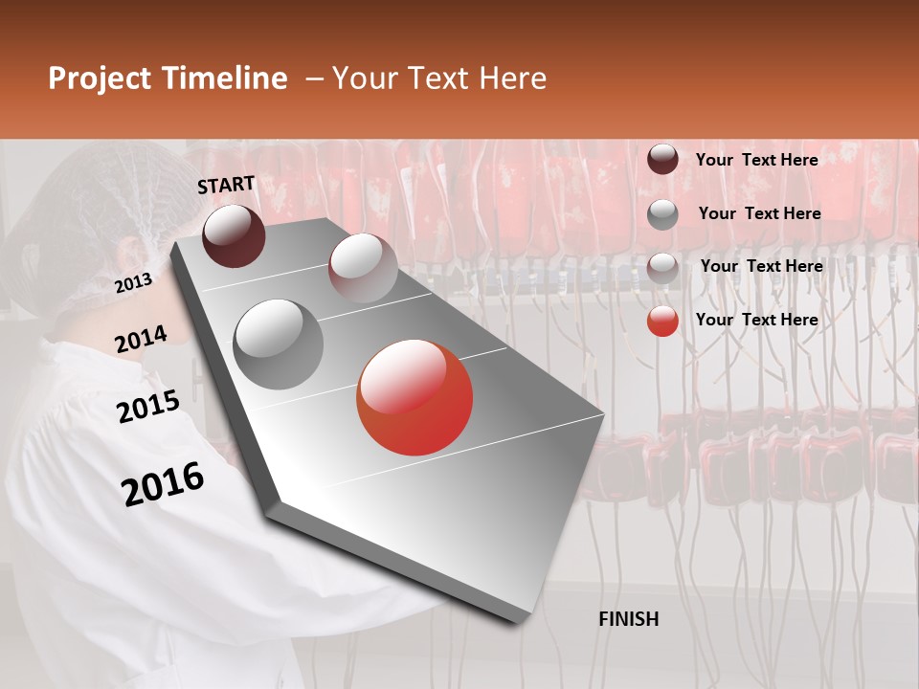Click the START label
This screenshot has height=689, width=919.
(x=226, y=185)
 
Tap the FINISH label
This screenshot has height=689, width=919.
(x=628, y=619)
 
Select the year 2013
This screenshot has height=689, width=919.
(x=133, y=282)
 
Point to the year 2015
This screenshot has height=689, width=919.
(x=147, y=407)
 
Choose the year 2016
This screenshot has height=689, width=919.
(x=163, y=484)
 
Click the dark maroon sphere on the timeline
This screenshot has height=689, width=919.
(x=234, y=235)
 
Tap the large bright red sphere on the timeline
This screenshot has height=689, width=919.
(x=415, y=397)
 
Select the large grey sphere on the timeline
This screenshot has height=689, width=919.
(x=279, y=344)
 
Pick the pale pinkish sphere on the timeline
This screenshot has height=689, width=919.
(x=363, y=267)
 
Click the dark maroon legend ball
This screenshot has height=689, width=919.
(x=662, y=160)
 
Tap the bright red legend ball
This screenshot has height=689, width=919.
(x=662, y=321)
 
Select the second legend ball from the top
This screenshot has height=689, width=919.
(x=662, y=214)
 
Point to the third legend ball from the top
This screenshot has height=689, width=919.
(x=662, y=268)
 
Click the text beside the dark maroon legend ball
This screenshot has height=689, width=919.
(x=756, y=160)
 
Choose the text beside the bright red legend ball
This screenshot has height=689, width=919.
(x=756, y=320)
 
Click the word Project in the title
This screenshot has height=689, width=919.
(x=99, y=79)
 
